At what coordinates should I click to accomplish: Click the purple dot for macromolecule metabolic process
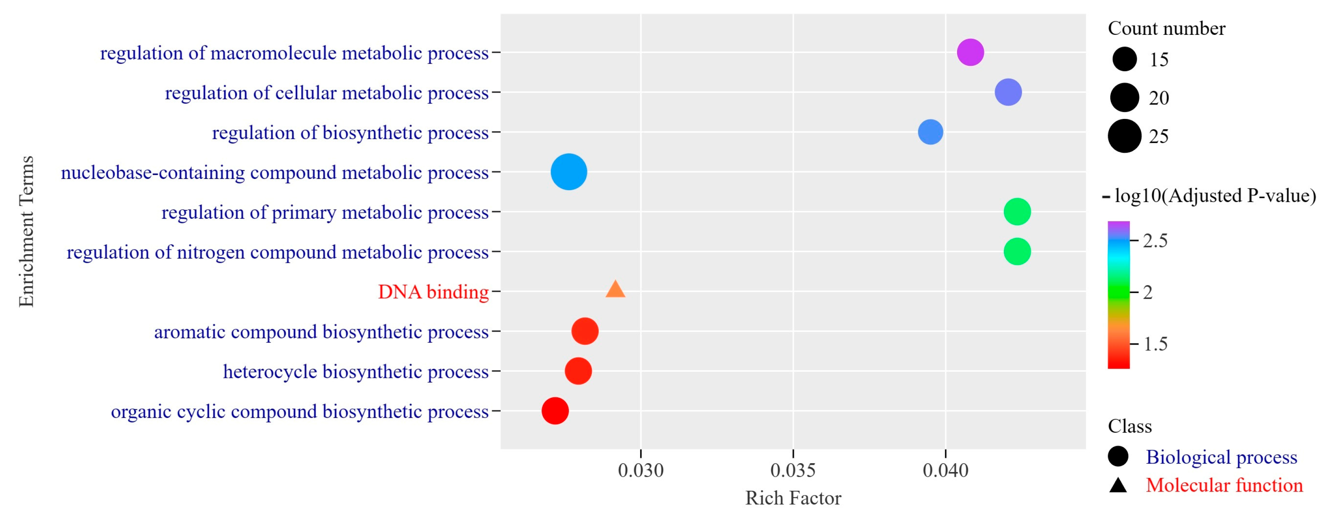[970, 52]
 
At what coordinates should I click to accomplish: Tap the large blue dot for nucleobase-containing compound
[569, 172]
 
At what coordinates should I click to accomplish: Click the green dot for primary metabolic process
[1017, 211]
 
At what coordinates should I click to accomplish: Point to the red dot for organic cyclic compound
[555, 411]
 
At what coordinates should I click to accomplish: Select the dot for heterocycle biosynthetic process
[578, 371]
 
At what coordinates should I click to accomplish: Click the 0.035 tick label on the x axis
[793, 471]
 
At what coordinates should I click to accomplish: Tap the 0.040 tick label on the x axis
[945, 471]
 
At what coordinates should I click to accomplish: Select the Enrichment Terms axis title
[26, 232]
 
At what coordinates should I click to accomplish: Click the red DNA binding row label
[433, 292]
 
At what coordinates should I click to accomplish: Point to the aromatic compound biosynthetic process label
[321, 332]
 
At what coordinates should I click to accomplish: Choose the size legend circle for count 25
[1124, 136]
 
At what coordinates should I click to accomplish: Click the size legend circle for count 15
[1124, 59]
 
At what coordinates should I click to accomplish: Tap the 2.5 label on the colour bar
[1155, 241]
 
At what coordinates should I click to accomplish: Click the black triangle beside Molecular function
[1118, 485]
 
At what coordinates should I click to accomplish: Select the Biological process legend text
[1221, 457]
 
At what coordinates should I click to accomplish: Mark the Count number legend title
[1166, 28]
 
